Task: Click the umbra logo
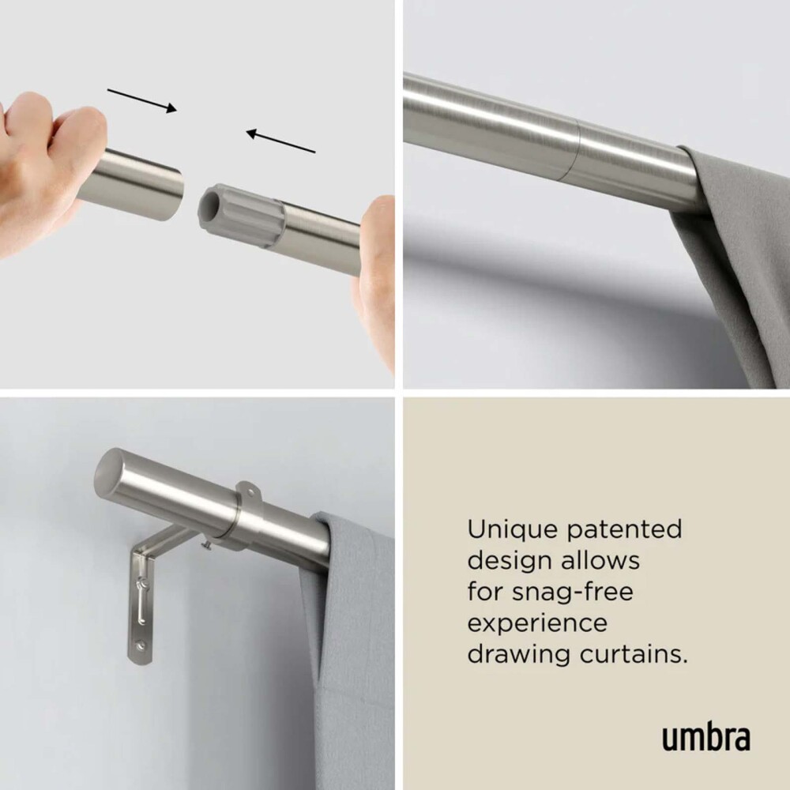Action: tap(705, 737)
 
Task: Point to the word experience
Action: tap(537, 624)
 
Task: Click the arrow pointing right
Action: tap(141, 100)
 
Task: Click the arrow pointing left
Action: tap(280, 141)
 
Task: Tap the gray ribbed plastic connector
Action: tap(241, 215)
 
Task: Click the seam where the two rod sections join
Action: tap(575, 151)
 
